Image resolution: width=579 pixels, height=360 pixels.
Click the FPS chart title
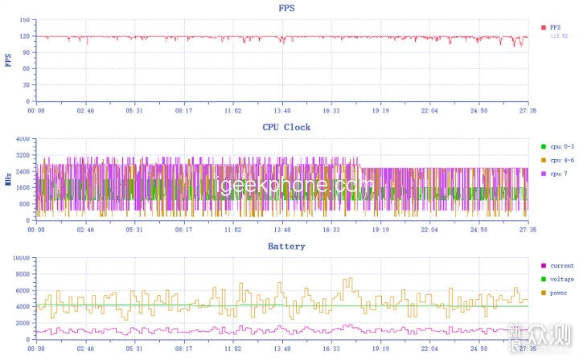coord(285,9)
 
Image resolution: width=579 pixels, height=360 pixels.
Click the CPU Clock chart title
coord(285,127)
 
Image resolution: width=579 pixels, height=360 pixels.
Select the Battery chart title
coord(285,246)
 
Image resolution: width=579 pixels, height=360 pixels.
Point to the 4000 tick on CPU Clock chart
coord(22,139)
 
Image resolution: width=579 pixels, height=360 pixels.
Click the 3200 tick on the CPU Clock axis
coord(22,155)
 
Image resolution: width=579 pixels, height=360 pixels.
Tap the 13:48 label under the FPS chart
coord(282,112)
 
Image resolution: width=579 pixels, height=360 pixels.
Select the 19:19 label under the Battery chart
coord(380,350)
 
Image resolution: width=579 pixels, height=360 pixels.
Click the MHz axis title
coord(8,180)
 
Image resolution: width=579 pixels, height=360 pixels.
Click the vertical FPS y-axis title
coord(8,61)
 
